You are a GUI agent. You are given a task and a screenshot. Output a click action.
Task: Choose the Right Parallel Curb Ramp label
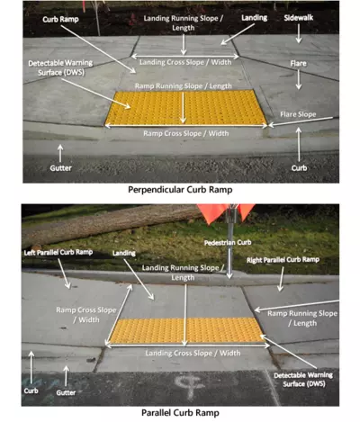[x=283, y=259]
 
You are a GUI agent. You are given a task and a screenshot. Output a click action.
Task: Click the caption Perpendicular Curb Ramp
[x=180, y=191]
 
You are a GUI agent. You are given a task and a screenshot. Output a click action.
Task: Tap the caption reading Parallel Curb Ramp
[x=180, y=412]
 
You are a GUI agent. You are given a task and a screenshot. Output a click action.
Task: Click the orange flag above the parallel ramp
[x=234, y=211]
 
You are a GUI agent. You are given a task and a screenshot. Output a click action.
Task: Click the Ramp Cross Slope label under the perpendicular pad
[x=184, y=133]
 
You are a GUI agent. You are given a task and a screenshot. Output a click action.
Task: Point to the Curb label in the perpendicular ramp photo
[x=300, y=167]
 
